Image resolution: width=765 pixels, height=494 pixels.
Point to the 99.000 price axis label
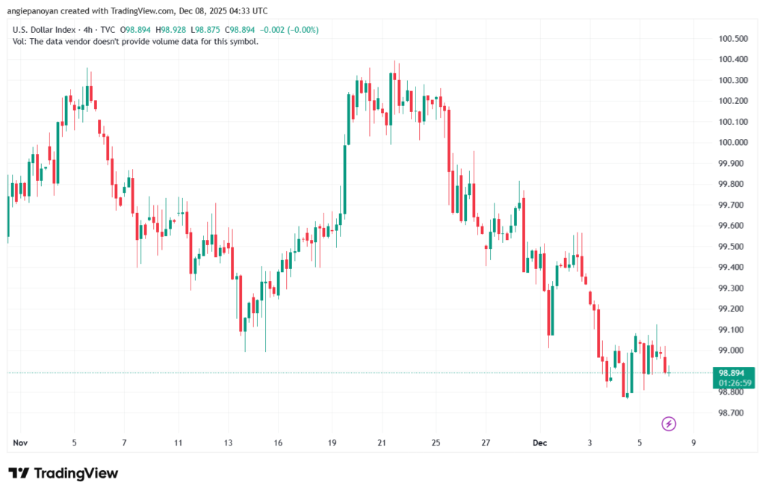(x=731, y=351)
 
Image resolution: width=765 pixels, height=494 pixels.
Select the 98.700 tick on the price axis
(x=731, y=413)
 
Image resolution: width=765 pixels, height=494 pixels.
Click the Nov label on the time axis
(x=20, y=442)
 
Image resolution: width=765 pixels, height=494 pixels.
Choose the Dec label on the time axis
(x=540, y=442)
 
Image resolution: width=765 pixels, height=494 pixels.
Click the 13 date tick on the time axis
(x=228, y=442)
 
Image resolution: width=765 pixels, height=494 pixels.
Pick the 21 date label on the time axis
(x=382, y=442)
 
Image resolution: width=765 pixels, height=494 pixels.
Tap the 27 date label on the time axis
(x=486, y=442)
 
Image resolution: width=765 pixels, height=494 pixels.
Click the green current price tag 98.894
(x=732, y=372)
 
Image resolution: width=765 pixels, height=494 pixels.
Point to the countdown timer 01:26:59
(x=732, y=383)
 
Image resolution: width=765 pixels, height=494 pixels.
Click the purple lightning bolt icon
(x=669, y=424)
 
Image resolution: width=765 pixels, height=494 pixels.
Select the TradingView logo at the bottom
(x=64, y=473)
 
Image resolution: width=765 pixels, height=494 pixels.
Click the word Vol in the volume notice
(x=20, y=41)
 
